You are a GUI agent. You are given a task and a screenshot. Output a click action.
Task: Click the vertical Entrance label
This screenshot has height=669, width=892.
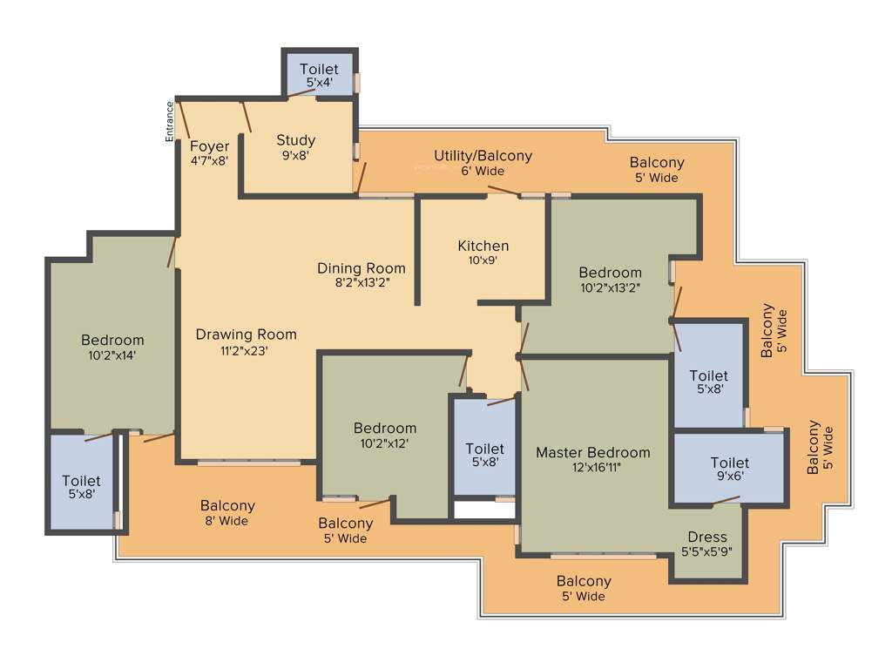pyautogui.click(x=171, y=121)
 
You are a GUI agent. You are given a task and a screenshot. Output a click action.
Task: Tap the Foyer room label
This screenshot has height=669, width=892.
pyautogui.click(x=209, y=146)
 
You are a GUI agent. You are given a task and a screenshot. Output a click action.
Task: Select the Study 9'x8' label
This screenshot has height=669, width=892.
pyautogui.click(x=295, y=140)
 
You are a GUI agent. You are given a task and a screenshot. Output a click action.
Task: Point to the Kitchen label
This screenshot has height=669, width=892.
pyautogui.click(x=483, y=246)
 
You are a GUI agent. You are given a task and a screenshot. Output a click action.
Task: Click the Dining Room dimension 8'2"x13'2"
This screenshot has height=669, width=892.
pyautogui.click(x=361, y=283)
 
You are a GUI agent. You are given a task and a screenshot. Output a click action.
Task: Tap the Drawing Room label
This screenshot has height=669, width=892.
pyautogui.click(x=246, y=334)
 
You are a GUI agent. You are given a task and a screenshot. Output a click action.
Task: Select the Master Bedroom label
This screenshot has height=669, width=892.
pyautogui.click(x=592, y=452)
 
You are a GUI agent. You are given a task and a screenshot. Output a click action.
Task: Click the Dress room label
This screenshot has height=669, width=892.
pyautogui.click(x=706, y=537)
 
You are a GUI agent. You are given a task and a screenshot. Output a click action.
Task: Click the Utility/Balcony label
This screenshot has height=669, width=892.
pyautogui.click(x=483, y=156)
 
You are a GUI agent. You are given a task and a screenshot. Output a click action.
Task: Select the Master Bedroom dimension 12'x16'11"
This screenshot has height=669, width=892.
pyautogui.click(x=592, y=468)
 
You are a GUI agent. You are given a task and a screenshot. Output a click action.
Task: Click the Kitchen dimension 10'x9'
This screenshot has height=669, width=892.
pyautogui.click(x=483, y=260)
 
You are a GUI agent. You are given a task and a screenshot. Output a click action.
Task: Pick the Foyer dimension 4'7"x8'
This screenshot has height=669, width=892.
pyautogui.click(x=209, y=161)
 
